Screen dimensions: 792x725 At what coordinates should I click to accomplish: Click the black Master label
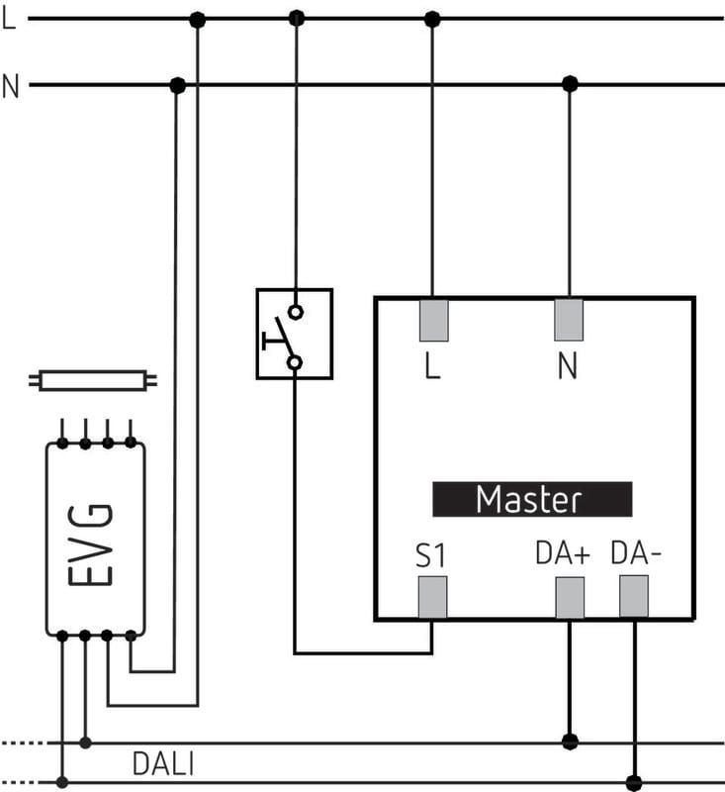point(531,499)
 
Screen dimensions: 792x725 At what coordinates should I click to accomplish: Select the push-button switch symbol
point(294,334)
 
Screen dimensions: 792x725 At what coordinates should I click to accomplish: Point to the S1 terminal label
point(430,555)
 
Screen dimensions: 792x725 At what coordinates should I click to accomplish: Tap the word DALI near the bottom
point(163,764)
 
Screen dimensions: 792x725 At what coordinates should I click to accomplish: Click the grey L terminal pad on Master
point(434,320)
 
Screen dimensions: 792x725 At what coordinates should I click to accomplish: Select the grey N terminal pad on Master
point(568,320)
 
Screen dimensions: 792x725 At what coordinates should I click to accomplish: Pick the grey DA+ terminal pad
point(569,598)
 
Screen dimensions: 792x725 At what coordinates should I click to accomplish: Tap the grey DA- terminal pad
point(633,596)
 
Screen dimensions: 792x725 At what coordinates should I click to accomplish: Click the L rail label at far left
point(10,19)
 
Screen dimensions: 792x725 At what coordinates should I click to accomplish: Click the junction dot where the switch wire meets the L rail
point(296,19)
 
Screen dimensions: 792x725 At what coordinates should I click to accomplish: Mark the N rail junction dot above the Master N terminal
point(569,85)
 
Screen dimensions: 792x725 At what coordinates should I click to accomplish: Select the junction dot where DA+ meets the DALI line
point(569,742)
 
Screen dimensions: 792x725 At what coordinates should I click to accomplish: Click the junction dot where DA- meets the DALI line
point(634,783)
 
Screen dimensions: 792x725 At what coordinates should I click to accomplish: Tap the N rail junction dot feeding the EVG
point(178,85)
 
